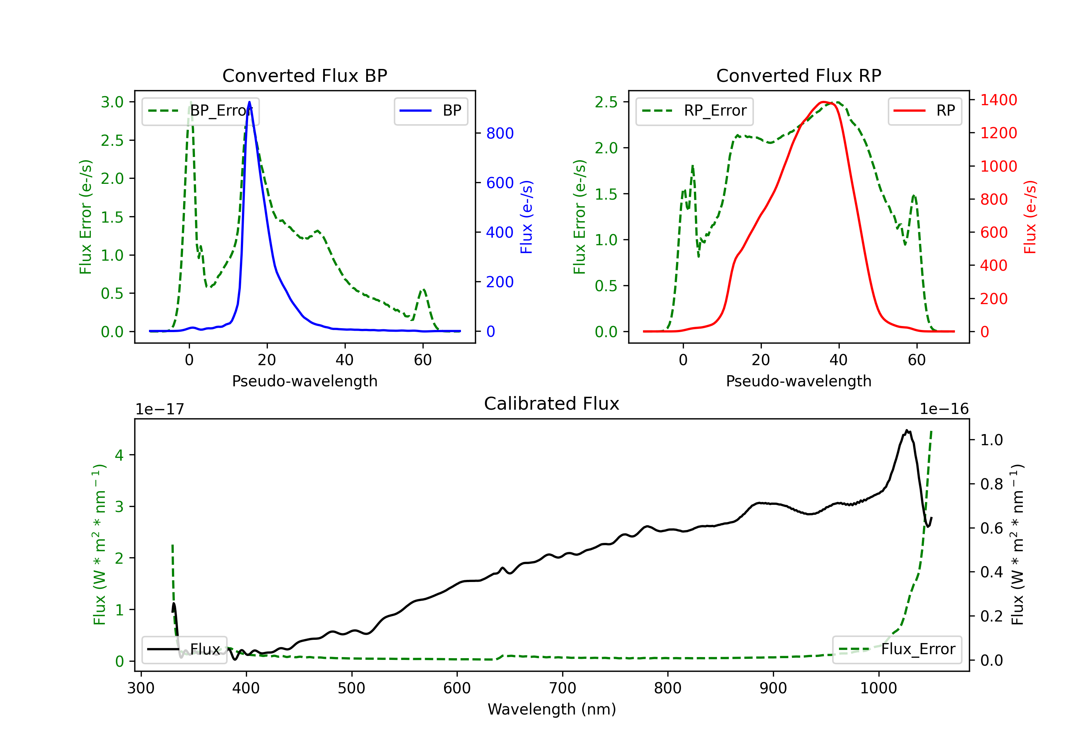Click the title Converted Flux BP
tap(304, 75)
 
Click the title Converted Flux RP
tap(798, 75)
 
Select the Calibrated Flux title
tap(552, 404)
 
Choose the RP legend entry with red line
tap(924, 111)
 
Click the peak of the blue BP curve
tap(249, 102)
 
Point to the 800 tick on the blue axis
tap(500, 133)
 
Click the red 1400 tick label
tap(999, 100)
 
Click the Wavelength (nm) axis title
tap(552, 709)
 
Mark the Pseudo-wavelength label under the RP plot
tap(798, 381)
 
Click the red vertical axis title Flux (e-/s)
tap(1030, 217)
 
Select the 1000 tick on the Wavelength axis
tap(878, 688)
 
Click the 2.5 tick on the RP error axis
tap(606, 102)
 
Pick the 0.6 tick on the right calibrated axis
tap(991, 528)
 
